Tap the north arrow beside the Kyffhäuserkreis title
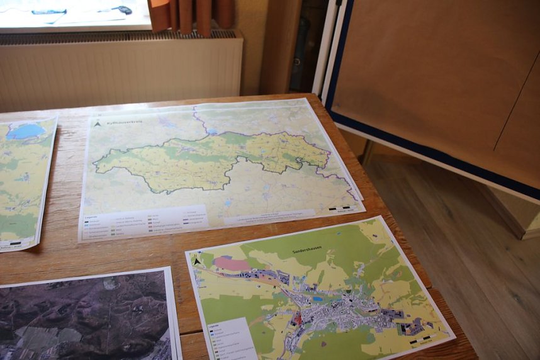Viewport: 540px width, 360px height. (98, 124)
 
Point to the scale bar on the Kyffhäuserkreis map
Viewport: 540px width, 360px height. (340, 207)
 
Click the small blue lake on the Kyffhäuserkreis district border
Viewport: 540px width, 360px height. (213, 132)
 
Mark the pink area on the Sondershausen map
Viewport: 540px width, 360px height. (231, 264)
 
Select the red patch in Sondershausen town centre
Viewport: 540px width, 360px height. (298, 318)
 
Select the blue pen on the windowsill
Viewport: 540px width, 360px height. (49, 11)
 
